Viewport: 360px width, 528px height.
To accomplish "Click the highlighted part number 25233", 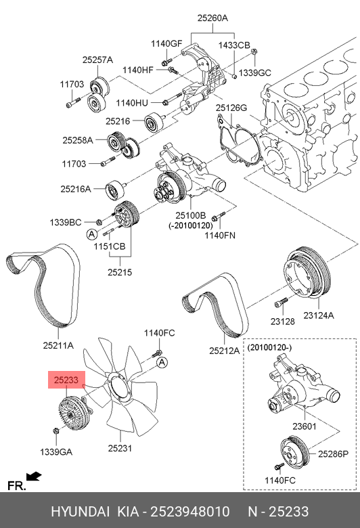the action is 66,380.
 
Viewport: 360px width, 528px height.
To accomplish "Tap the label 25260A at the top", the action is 212,18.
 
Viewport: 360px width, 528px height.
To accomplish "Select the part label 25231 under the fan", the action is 120,448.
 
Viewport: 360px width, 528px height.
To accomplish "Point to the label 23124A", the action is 319,315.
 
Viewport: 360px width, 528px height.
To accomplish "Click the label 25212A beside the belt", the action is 224,351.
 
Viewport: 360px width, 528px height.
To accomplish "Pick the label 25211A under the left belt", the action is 58,345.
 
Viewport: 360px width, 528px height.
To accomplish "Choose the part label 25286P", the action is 333,454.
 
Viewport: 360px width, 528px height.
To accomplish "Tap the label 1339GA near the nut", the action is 56,452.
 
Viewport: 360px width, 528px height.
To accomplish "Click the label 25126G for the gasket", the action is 231,108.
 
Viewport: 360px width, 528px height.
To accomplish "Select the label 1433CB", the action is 234,45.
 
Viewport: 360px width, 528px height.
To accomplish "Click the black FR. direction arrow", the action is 34,477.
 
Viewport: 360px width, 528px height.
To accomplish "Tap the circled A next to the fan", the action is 162,362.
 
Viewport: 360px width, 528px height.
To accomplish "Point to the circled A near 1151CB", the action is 91,234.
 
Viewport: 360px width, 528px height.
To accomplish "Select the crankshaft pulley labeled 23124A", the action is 305,273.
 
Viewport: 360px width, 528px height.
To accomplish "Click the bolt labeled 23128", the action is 281,302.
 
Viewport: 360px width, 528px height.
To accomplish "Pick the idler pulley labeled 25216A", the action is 116,190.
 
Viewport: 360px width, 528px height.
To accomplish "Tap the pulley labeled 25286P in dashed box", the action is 293,452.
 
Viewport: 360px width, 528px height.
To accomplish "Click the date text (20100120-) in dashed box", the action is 270,347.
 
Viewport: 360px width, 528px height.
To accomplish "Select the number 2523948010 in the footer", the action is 190,512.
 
